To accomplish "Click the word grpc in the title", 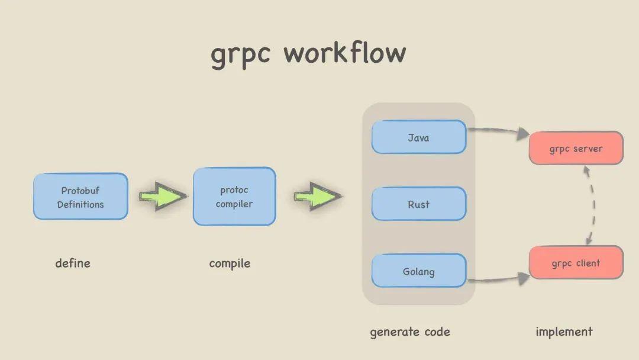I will point(241,53).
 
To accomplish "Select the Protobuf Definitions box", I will point(80,197).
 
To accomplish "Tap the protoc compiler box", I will point(234,197).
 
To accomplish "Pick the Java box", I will point(418,137).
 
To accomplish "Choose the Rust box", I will point(418,204).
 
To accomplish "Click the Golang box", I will point(418,272).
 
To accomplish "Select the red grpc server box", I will point(576,149).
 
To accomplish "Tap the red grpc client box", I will point(576,263).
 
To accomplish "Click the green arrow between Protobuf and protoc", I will point(162,196).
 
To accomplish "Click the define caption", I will point(73,263).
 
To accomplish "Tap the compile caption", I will point(230,263).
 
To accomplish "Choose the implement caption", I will point(564,332).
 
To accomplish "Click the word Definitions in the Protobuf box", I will point(80,204).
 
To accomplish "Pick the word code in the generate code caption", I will point(436,332).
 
